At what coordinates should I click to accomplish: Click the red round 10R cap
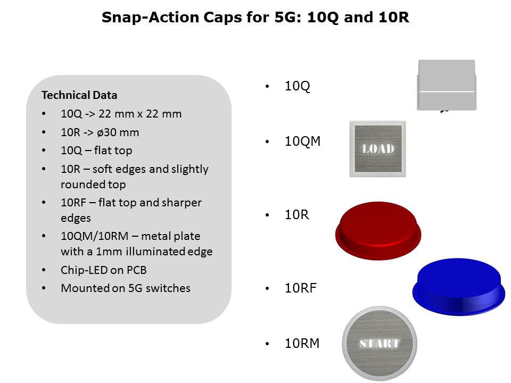tap(378, 230)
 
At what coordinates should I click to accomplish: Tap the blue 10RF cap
tap(459, 287)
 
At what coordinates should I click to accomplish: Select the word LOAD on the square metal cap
tap(378, 149)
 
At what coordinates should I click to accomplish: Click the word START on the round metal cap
tap(380, 343)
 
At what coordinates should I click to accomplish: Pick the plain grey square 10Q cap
tap(447, 85)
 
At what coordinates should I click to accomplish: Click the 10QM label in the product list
tap(302, 141)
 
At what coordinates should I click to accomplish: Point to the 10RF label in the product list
tap(300, 288)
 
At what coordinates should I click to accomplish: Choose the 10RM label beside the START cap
tap(302, 343)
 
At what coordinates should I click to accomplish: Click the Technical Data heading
tap(79, 95)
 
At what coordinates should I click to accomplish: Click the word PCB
tap(137, 270)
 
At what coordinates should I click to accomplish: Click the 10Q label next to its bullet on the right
tap(297, 86)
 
